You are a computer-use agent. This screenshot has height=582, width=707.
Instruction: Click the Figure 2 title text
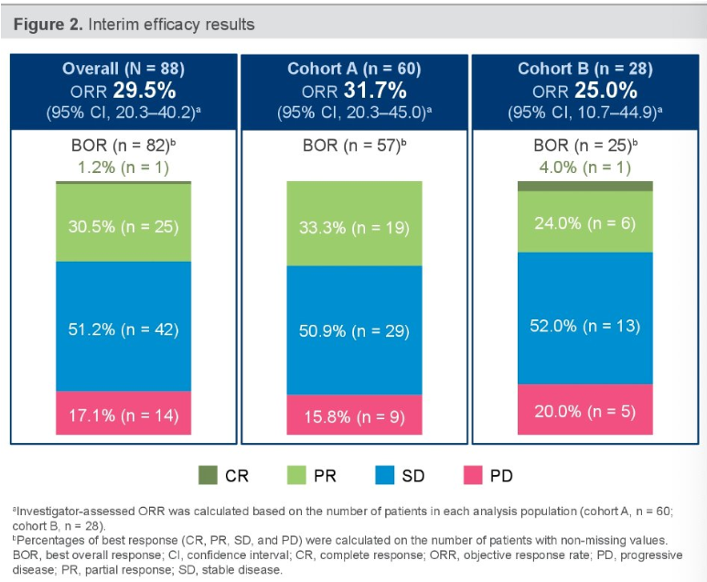point(134,23)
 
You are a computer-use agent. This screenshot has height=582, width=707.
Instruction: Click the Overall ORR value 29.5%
point(144,92)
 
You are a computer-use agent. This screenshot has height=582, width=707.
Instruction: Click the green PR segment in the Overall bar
point(123,223)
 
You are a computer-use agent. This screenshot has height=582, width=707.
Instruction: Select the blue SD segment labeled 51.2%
point(123,327)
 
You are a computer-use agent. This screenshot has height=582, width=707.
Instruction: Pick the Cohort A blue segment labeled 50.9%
point(355,330)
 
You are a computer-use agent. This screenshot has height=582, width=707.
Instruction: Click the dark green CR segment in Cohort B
point(585,186)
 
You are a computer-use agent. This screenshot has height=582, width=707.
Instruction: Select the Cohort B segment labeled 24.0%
point(585,221)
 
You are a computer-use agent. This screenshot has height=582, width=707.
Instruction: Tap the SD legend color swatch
point(384,475)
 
